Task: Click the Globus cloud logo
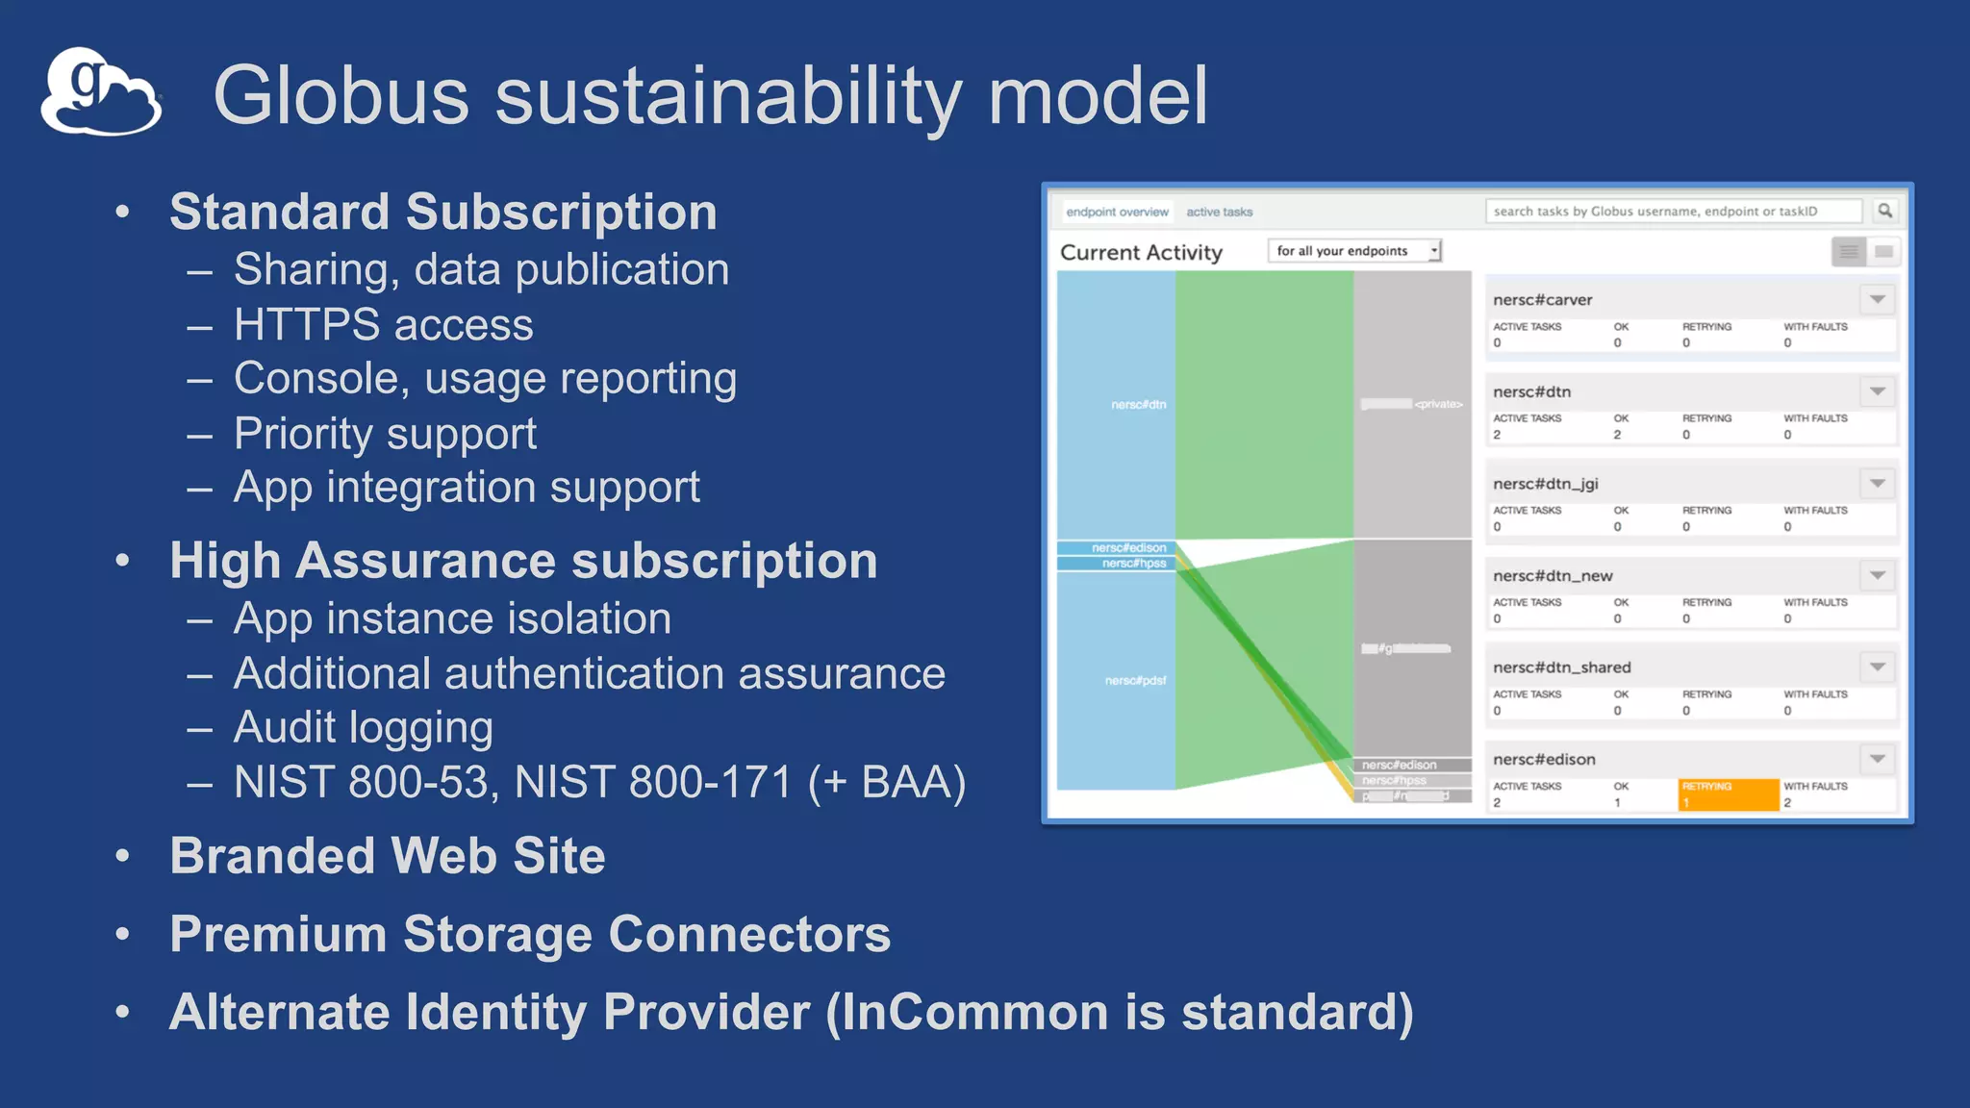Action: (100, 92)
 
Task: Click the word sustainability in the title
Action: (728, 96)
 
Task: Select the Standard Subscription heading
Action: (442, 212)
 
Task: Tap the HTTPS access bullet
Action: (383, 325)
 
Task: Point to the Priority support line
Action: (385, 434)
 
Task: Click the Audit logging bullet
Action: (363, 727)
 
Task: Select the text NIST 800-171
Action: (653, 782)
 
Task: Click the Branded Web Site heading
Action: (387, 856)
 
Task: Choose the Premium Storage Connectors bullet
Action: (529, 934)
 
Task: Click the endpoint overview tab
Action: (1117, 212)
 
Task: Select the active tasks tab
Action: (1219, 212)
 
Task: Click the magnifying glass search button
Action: (1884, 211)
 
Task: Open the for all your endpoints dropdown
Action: (1354, 251)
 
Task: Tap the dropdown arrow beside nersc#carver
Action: (1877, 300)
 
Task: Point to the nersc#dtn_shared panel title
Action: (1561, 667)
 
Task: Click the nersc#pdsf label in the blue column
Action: (1135, 681)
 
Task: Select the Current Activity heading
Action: (1141, 252)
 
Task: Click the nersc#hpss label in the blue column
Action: (1133, 564)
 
